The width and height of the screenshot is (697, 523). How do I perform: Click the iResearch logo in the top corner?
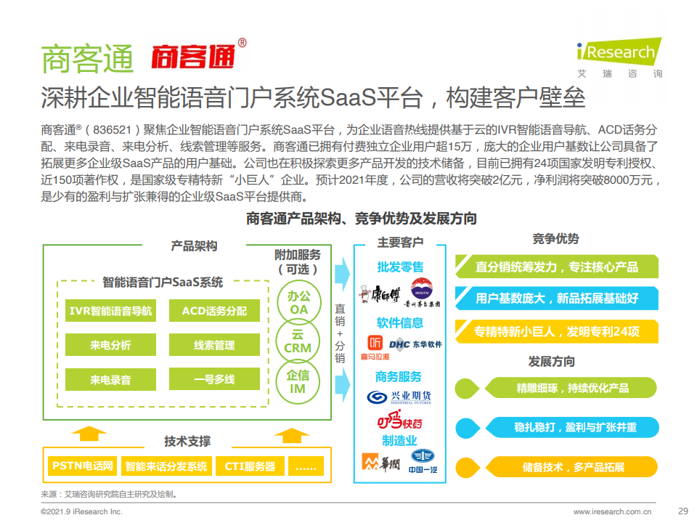click(x=619, y=58)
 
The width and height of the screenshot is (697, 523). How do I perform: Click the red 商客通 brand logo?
click(x=198, y=55)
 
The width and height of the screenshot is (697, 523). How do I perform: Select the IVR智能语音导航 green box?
click(x=110, y=310)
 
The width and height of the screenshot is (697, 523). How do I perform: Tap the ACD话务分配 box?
click(x=214, y=310)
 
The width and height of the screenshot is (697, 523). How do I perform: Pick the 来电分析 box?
click(x=110, y=344)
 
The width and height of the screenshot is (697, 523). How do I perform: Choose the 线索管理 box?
click(x=214, y=344)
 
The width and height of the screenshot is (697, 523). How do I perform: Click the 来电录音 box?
click(x=110, y=379)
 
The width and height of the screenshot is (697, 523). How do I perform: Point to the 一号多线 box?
click(x=214, y=379)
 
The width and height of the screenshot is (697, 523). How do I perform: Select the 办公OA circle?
click(x=298, y=303)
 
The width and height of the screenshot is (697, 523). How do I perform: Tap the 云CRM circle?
click(x=298, y=341)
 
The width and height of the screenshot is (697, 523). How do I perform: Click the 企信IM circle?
click(x=298, y=382)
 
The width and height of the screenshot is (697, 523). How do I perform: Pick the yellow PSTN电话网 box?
click(x=83, y=466)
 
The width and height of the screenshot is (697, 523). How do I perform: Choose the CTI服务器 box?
click(x=250, y=466)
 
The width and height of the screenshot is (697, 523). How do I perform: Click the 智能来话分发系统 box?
click(x=166, y=466)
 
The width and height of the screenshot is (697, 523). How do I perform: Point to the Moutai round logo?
click(x=421, y=288)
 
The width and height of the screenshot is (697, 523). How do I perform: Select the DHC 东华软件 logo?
click(x=415, y=344)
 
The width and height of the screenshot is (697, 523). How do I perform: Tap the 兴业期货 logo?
click(x=399, y=397)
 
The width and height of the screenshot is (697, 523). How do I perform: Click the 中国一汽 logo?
click(x=423, y=461)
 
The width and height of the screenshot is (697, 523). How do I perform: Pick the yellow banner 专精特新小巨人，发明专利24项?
click(x=557, y=331)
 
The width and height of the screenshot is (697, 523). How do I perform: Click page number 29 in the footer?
click(x=683, y=511)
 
